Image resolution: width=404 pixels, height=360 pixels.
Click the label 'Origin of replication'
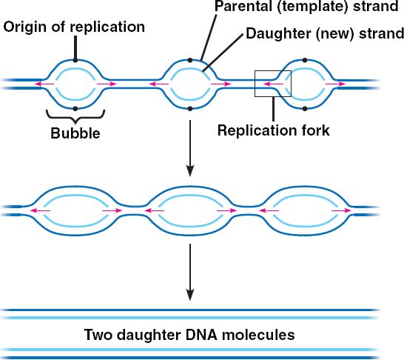point(74,27)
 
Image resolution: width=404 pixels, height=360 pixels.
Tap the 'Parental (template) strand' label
point(306,6)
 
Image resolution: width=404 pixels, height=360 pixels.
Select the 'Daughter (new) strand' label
point(325,33)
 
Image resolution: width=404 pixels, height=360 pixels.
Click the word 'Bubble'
point(75,133)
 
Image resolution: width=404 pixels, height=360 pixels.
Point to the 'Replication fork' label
point(273,130)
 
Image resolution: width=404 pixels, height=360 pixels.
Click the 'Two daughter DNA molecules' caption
point(189,335)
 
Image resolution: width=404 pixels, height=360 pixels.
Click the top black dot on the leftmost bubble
point(75,60)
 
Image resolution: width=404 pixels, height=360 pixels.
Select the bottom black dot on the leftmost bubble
point(75,109)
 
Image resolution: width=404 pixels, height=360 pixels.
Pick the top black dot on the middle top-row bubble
point(190,60)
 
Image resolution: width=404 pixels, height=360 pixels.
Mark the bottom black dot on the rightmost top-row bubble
point(305,109)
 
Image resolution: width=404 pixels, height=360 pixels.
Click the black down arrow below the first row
point(190,148)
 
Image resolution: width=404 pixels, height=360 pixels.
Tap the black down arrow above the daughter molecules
point(190,272)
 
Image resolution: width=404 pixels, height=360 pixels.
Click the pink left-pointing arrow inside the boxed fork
point(273,84)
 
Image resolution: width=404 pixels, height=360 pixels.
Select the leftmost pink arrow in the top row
point(44,84)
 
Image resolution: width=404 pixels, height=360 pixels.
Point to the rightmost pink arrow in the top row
point(335,84)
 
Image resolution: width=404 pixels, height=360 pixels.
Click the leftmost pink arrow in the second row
point(41,210)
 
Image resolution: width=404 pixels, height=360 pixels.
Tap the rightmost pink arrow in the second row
point(341,210)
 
